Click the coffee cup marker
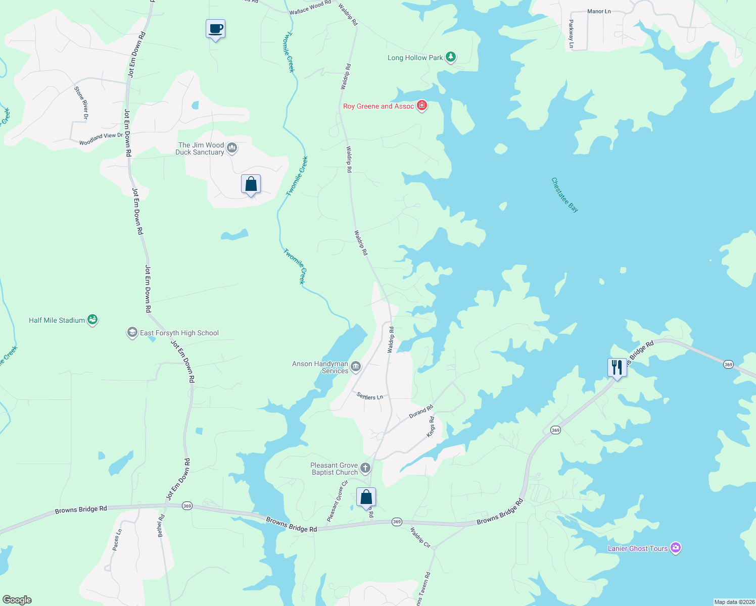coord(215,29)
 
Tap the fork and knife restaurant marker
coord(617,368)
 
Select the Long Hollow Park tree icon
coord(451,57)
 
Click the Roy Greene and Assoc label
coord(379,106)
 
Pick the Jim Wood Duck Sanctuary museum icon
coord(232,147)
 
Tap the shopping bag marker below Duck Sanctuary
coord(251,185)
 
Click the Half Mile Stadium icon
coord(92,320)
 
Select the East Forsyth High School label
coord(179,333)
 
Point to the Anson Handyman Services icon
coord(356,366)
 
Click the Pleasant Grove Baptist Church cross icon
coord(365,468)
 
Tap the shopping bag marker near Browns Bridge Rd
coord(366,497)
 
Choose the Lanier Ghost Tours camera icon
coord(676,548)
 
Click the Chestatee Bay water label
coord(564,195)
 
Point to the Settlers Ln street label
coord(370,396)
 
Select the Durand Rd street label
coord(421,412)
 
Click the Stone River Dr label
coord(81,103)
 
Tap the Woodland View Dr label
coord(101,139)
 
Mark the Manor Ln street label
coord(599,11)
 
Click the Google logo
coord(17,599)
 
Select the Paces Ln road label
coord(117,539)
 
